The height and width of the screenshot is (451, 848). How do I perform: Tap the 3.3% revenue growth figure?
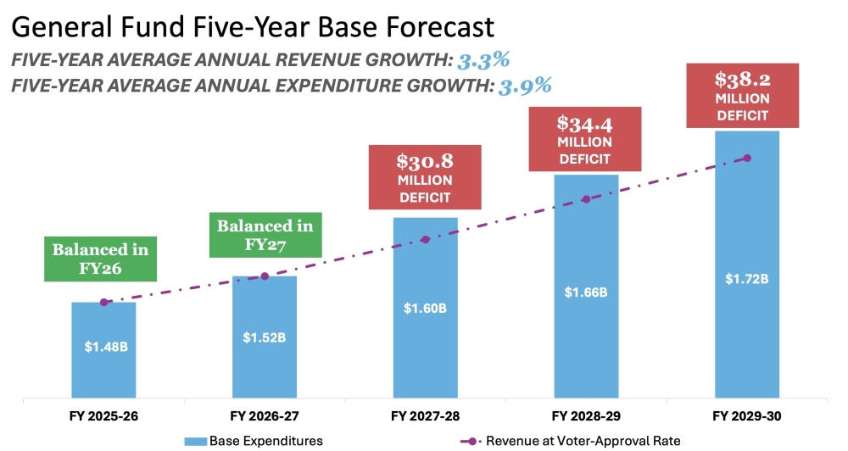[484, 60]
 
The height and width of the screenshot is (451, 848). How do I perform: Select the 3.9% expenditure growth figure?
[524, 85]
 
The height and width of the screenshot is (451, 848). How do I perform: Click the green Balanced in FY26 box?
[100, 259]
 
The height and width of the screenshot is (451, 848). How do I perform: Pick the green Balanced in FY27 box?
[265, 236]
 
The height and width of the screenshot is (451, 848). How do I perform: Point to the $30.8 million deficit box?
[425, 177]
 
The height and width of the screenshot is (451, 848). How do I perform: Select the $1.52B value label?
[265, 337]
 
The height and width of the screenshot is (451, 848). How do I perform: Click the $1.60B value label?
[425, 308]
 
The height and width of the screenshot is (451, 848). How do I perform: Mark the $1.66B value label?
[586, 292]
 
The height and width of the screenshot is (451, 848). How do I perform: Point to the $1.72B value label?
[746, 278]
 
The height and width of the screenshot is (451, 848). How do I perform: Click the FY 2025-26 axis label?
[103, 417]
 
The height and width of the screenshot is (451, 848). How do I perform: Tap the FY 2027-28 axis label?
[425, 417]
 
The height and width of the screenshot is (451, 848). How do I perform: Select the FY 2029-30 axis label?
[746, 417]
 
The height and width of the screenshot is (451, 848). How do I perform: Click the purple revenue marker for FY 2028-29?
[586, 199]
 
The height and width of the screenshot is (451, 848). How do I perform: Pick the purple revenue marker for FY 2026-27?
[265, 276]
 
